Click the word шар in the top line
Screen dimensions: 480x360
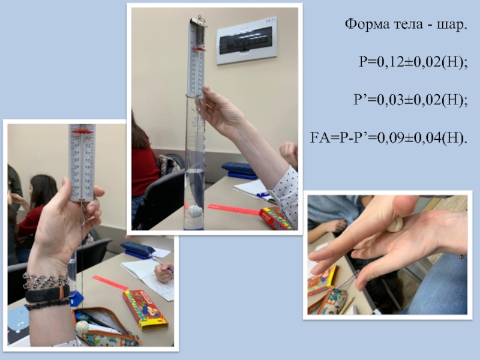[x=449, y=25]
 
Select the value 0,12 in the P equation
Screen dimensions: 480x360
[x=391, y=62]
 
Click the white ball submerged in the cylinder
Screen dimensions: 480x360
[x=195, y=211]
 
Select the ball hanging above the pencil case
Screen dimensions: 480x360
[x=82, y=327]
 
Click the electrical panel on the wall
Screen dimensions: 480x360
[x=247, y=41]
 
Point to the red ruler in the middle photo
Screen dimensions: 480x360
[x=234, y=209]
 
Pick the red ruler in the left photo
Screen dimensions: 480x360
[x=110, y=283]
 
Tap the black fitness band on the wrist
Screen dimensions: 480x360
[x=47, y=295]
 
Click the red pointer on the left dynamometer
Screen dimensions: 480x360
[x=82, y=131]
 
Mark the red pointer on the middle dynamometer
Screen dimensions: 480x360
[x=199, y=49]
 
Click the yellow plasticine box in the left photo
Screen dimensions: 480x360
[x=145, y=310]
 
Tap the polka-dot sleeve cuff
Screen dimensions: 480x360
[x=285, y=196]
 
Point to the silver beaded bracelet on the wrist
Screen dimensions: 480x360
[x=46, y=281]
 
